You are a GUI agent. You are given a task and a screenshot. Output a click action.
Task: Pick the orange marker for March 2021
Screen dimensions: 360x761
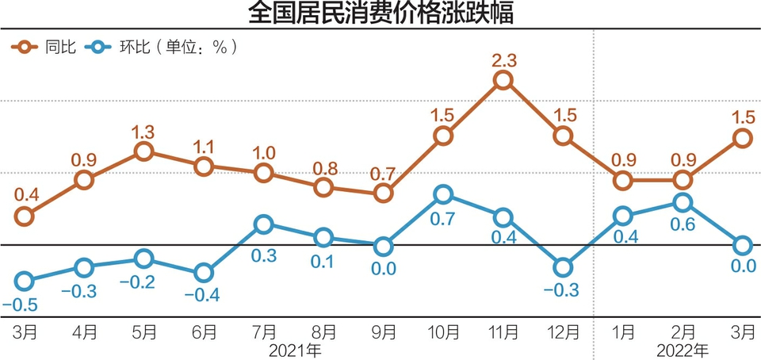25,216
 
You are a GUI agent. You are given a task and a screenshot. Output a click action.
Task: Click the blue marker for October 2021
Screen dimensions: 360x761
443,194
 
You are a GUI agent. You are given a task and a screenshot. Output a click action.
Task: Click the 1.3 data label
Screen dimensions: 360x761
143,130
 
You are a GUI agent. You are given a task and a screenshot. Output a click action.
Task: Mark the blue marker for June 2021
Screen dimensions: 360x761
204,273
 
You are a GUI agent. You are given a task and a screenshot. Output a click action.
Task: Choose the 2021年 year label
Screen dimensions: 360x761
293,349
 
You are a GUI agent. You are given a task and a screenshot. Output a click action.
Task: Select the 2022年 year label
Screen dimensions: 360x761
683,349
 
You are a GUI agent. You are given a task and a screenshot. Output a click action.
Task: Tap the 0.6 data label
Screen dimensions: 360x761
683,224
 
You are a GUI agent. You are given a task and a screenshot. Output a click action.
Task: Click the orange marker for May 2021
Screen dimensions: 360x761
143,151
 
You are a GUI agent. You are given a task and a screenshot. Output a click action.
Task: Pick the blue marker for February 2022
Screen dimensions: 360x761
683,202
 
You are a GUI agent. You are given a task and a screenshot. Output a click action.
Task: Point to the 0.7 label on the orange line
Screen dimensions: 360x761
383,173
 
